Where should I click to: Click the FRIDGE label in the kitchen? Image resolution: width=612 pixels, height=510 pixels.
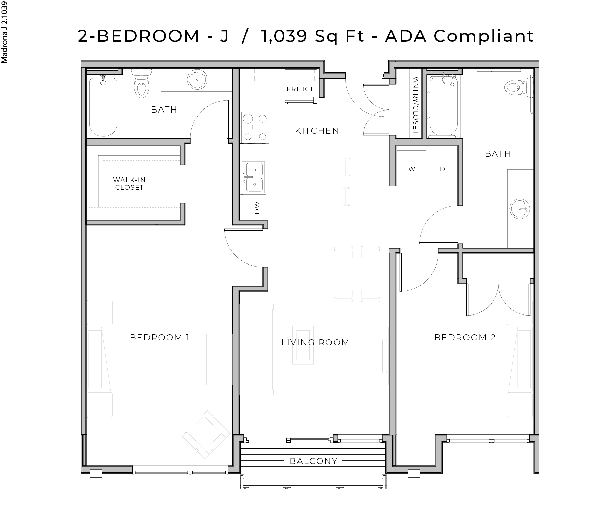301,89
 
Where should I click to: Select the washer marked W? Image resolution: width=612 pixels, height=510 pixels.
411,169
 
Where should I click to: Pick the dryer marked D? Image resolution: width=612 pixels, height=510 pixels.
442,169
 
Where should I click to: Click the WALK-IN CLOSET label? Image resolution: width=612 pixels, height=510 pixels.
129,184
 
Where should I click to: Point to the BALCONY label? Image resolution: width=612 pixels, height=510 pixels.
313,461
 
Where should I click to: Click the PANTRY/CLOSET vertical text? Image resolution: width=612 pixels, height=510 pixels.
415,104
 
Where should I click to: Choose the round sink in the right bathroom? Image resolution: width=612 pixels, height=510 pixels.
520,209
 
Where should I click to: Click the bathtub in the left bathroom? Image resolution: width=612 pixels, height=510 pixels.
103,107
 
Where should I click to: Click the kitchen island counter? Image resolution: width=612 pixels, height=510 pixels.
327,183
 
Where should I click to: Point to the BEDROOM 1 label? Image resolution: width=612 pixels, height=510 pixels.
159,337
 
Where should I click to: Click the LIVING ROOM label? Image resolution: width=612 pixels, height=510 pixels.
316,342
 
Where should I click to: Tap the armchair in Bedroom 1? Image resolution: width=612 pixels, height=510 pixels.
207,435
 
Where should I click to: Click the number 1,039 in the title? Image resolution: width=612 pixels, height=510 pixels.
284,36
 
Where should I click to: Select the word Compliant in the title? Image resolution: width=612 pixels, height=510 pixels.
484,36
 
